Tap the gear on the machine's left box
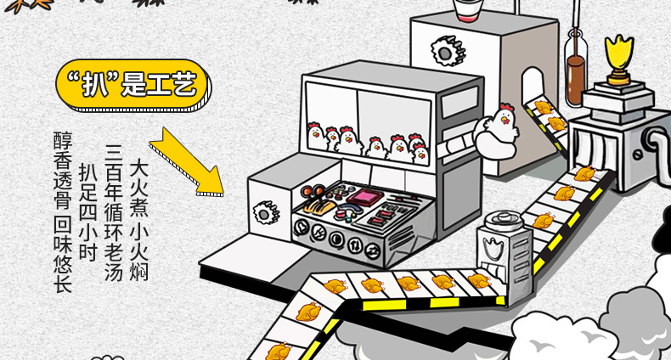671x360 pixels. pos(267,208)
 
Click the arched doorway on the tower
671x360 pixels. pos(533,90)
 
